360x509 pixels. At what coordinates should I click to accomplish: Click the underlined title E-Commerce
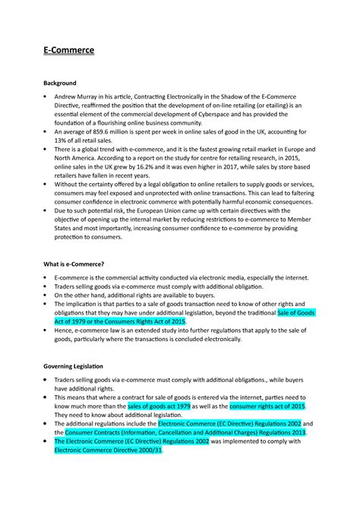[x=67, y=52]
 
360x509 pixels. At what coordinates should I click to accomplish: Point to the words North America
[x=77, y=164]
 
